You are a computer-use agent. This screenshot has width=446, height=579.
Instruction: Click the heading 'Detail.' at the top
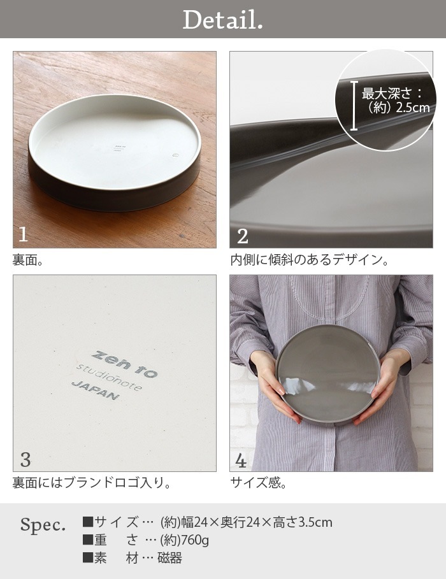pyautogui.click(x=223, y=20)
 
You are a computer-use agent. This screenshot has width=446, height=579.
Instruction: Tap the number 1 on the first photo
pyautogui.click(x=23, y=234)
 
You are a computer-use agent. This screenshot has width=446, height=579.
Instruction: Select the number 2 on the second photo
pyautogui.click(x=242, y=236)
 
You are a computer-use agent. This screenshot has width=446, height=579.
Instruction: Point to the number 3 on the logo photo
pyautogui.click(x=25, y=460)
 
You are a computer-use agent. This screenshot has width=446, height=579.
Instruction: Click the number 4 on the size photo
pyautogui.click(x=241, y=461)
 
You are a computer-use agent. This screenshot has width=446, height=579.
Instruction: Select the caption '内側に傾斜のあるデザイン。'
pyautogui.click(x=310, y=260)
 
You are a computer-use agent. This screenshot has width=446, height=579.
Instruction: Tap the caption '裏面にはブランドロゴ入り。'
pyautogui.click(x=92, y=483)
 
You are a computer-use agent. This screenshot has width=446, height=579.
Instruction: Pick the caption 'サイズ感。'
pyautogui.click(x=259, y=482)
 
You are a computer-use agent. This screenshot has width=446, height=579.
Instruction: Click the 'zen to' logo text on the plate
pyautogui.click(x=124, y=365)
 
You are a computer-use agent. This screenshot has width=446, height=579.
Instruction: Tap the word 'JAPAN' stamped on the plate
pyautogui.click(x=96, y=390)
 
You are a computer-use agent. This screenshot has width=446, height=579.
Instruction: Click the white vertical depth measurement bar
pyautogui.click(x=354, y=106)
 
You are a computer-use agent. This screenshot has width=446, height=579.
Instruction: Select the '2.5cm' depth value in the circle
pyautogui.click(x=413, y=108)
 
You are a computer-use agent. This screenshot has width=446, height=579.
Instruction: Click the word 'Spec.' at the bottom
pyautogui.click(x=43, y=525)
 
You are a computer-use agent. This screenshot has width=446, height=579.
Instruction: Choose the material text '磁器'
pyautogui.click(x=170, y=558)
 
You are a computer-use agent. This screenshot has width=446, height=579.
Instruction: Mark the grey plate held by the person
pyautogui.click(x=328, y=375)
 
